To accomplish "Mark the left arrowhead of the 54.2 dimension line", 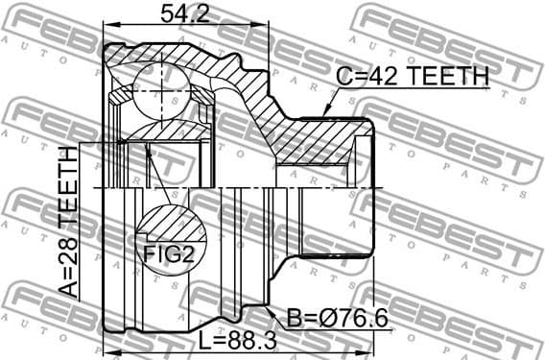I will click(x=108, y=28).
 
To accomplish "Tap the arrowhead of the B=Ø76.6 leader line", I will click(x=261, y=308).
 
